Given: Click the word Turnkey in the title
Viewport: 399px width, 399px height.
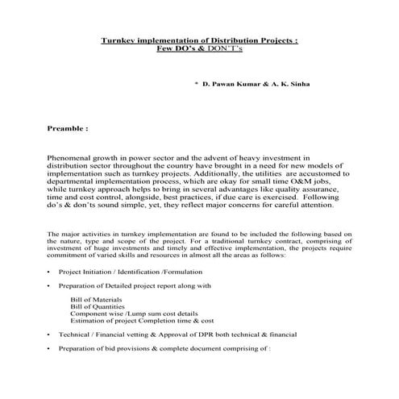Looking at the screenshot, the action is (x=116, y=40).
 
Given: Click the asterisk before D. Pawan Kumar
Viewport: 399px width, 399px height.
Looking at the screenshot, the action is (x=197, y=84).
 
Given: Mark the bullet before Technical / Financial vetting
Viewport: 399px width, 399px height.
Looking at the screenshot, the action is (x=49, y=334).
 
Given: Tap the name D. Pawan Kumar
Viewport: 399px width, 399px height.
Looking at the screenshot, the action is (x=231, y=84).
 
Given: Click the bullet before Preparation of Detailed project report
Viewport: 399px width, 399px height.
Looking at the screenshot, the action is (x=49, y=286).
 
